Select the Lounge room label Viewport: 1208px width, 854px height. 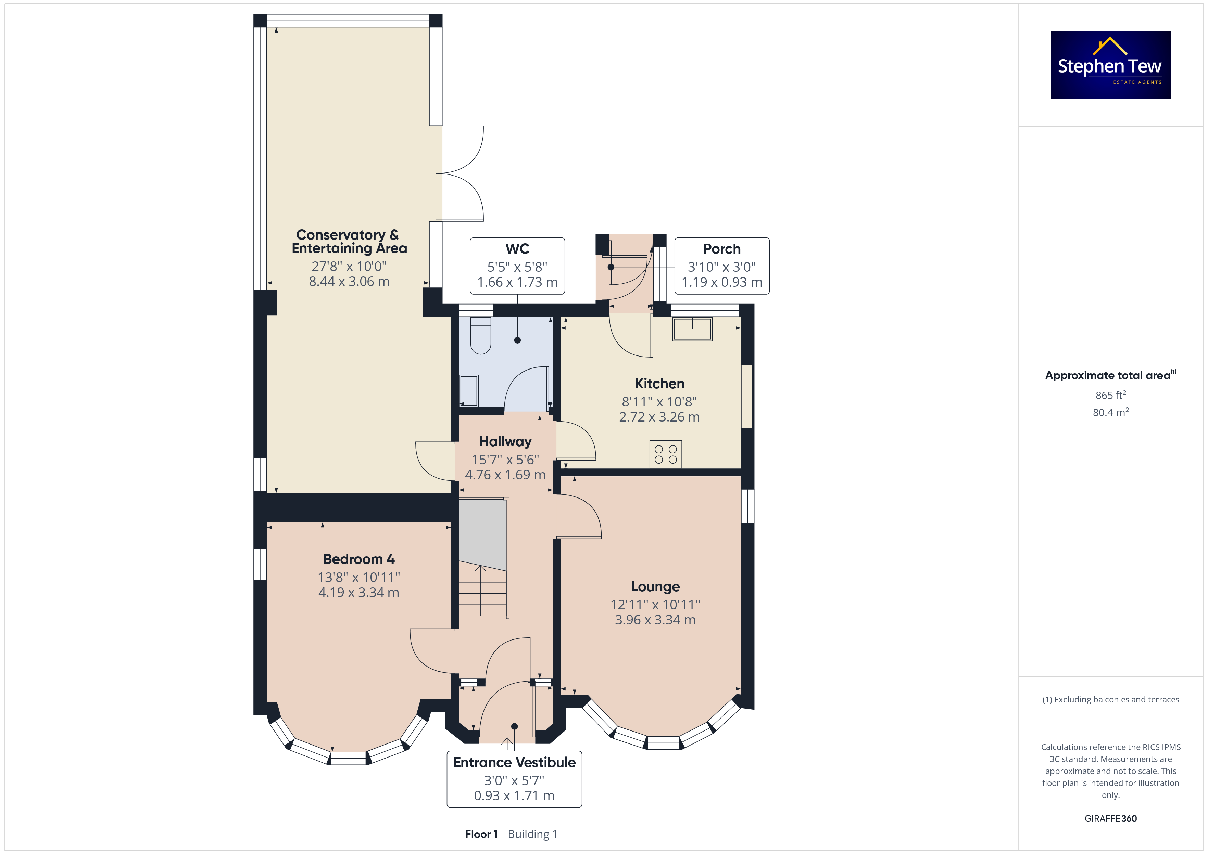pyautogui.click(x=655, y=586)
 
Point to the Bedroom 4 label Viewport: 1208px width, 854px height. pyautogui.click(x=359, y=559)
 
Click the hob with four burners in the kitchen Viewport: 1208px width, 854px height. pyautogui.click(x=666, y=454)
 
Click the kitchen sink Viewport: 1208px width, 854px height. pyautogui.click(x=692, y=329)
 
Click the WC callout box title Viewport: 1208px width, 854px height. pyautogui.click(x=517, y=249)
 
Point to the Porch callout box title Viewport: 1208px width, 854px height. pyautogui.click(x=722, y=249)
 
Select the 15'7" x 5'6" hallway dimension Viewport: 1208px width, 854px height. pyautogui.click(x=505, y=460)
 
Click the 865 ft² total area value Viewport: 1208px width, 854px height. pyautogui.click(x=1111, y=395)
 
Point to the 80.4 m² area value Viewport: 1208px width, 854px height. pyautogui.click(x=1111, y=412)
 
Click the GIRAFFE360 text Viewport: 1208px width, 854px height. pyautogui.click(x=1111, y=819)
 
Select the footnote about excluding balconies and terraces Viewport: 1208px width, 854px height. pyautogui.click(x=1111, y=699)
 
